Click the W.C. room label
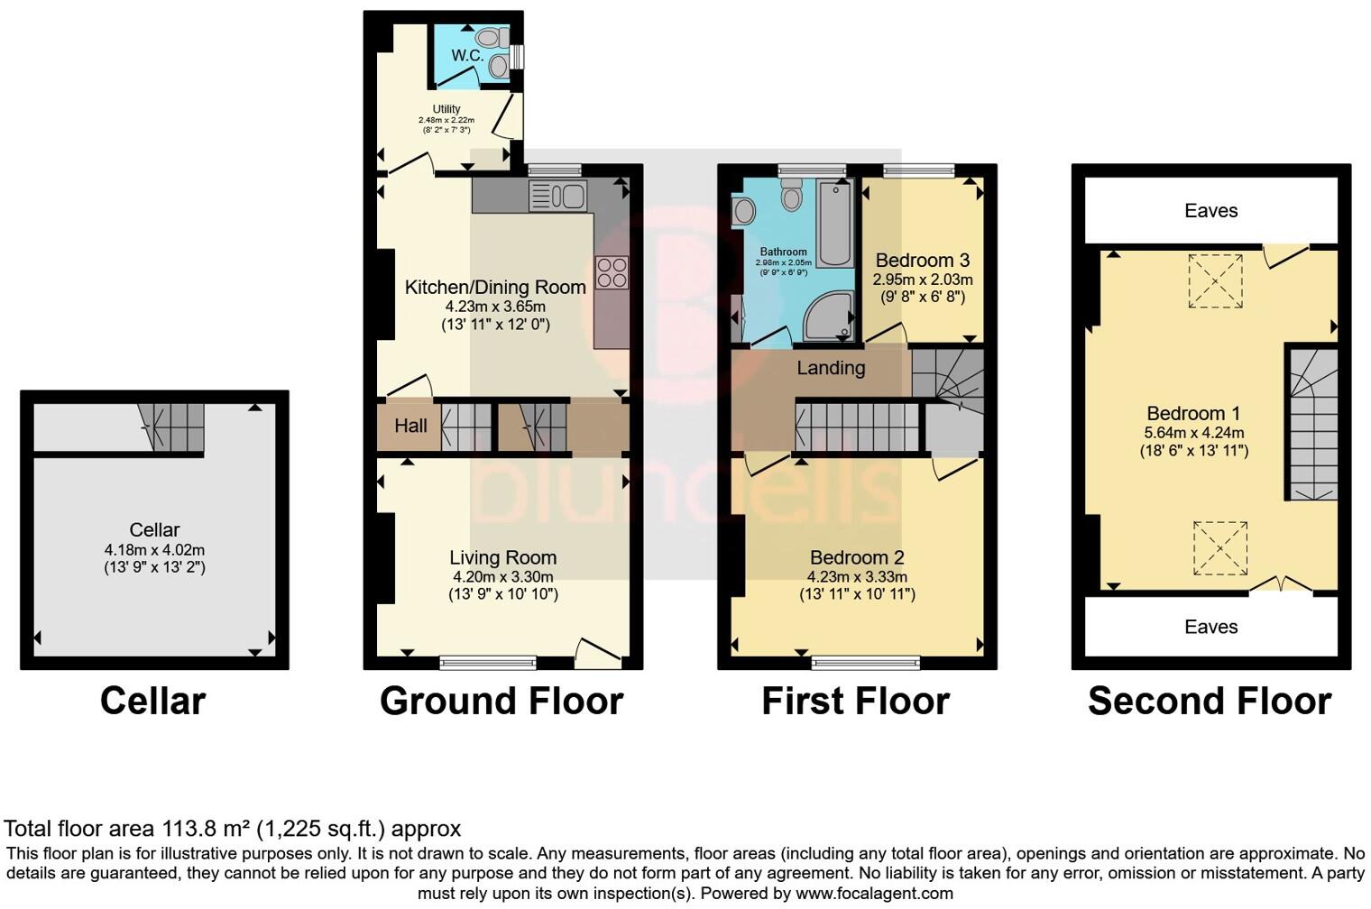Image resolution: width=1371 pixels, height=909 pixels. point(467,56)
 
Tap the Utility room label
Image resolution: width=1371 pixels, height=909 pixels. point(446,109)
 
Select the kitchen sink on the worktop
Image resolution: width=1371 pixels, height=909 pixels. point(559,196)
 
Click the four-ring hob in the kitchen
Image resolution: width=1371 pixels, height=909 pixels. point(612,272)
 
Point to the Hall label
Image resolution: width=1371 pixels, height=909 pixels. point(410,426)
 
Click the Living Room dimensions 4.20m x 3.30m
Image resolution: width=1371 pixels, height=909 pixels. point(502,577)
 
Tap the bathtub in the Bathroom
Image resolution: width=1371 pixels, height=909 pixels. point(835,221)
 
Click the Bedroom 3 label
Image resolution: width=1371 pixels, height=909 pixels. point(922,261)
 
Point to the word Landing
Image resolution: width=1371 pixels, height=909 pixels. point(831,368)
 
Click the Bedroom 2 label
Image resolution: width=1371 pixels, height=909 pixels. point(856,558)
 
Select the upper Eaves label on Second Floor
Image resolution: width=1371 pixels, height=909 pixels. point(1210,211)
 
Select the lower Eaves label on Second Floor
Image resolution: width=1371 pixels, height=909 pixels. point(1210,627)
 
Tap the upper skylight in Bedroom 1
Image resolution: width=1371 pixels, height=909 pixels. point(1215,281)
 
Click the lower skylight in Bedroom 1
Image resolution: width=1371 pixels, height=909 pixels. point(1219,547)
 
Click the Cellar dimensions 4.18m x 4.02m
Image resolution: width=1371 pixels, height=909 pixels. point(154,550)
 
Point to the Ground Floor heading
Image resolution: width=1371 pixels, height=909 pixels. point(501,701)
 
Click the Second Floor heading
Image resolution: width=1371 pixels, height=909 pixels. point(1210,701)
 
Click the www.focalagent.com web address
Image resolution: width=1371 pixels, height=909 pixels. point(872,894)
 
